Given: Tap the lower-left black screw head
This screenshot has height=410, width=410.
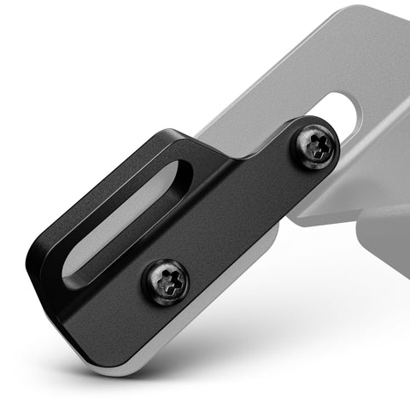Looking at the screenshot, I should pos(165,280).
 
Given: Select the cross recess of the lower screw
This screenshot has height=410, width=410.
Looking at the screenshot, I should pos(166,279).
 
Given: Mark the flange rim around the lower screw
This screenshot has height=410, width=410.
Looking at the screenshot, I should pos(149,290).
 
